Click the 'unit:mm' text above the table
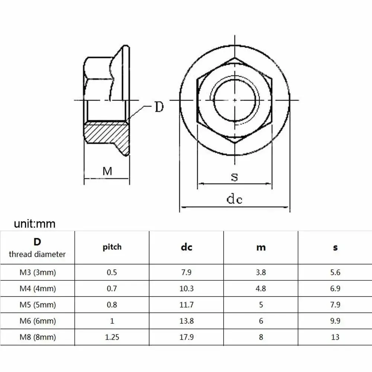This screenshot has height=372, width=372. coord(35,224)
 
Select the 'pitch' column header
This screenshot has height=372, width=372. coord(112,247)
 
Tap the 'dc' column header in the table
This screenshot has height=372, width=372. coord(186,247)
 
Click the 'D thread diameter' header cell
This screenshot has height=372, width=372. coord(37,248)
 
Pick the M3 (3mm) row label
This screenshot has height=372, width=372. coord(37,272)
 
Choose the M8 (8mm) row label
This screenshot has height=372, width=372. coord(37,337)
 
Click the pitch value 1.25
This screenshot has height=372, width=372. coord(112,337)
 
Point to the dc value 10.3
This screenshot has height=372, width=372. coord(186,288)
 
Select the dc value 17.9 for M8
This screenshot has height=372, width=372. coord(186,337)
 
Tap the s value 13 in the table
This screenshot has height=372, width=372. coord(335,337)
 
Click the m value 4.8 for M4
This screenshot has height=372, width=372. coord(261,288)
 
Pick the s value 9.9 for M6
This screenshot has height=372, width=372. coord(335,321)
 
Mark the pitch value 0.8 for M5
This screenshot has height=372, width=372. coord(112,305)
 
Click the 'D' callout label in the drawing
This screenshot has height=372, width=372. coord(159,108)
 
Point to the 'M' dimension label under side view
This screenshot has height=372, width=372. coord(107,171)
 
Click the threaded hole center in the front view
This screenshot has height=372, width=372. coord(234,100)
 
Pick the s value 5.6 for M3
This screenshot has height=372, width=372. coord(335,272)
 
